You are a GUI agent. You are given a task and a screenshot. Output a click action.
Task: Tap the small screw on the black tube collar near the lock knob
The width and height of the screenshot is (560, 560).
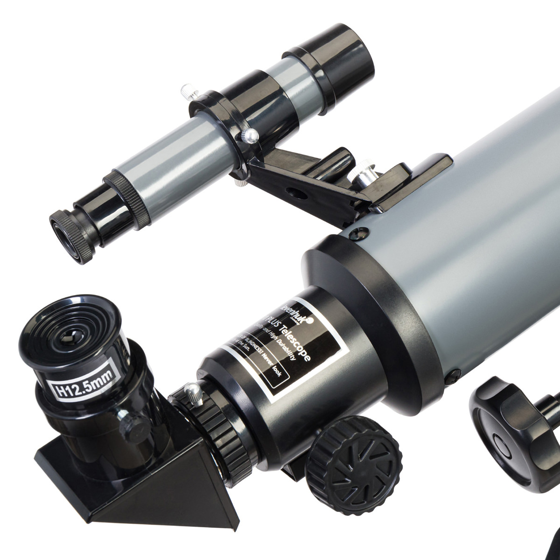[x=453, y=373]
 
